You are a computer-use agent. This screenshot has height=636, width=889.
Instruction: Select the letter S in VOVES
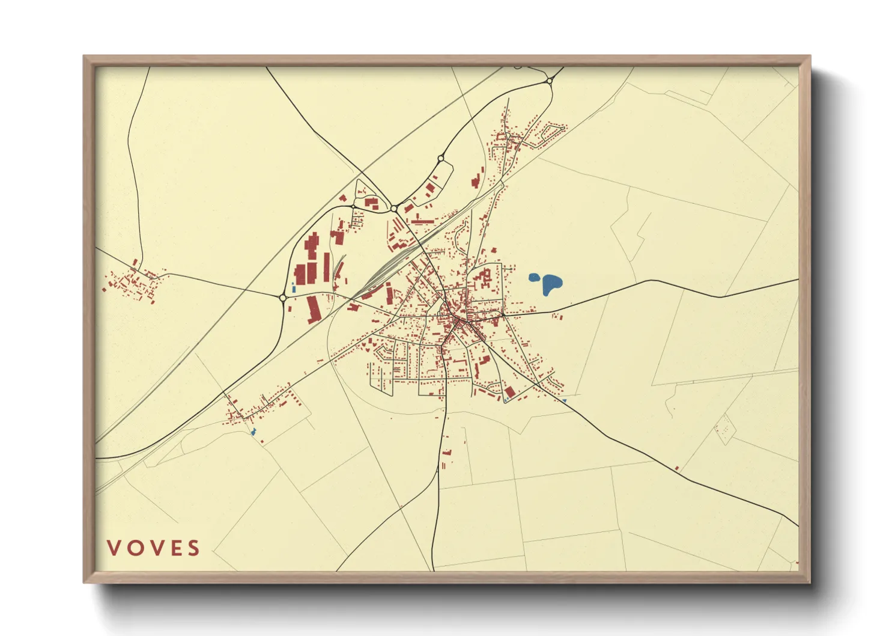(193, 548)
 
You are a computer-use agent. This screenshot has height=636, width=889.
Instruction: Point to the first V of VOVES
(114, 548)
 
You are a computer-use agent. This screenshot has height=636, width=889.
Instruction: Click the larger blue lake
(551, 284)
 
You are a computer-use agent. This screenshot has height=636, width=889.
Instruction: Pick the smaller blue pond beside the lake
(533, 278)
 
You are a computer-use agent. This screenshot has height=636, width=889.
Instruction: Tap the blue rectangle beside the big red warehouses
(294, 289)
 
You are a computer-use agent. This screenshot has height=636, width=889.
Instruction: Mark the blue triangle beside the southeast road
(563, 400)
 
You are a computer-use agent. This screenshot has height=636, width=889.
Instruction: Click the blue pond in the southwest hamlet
(253, 432)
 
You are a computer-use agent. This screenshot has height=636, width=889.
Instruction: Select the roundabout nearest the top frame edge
(549, 81)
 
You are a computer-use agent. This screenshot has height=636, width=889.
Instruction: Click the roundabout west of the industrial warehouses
(283, 297)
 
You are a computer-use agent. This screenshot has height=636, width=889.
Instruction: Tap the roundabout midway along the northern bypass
(441, 159)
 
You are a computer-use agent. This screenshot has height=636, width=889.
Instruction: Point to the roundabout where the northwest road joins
(394, 209)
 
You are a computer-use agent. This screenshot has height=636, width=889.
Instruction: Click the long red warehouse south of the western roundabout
(314, 309)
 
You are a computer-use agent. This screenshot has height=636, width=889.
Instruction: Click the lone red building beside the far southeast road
(677, 468)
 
